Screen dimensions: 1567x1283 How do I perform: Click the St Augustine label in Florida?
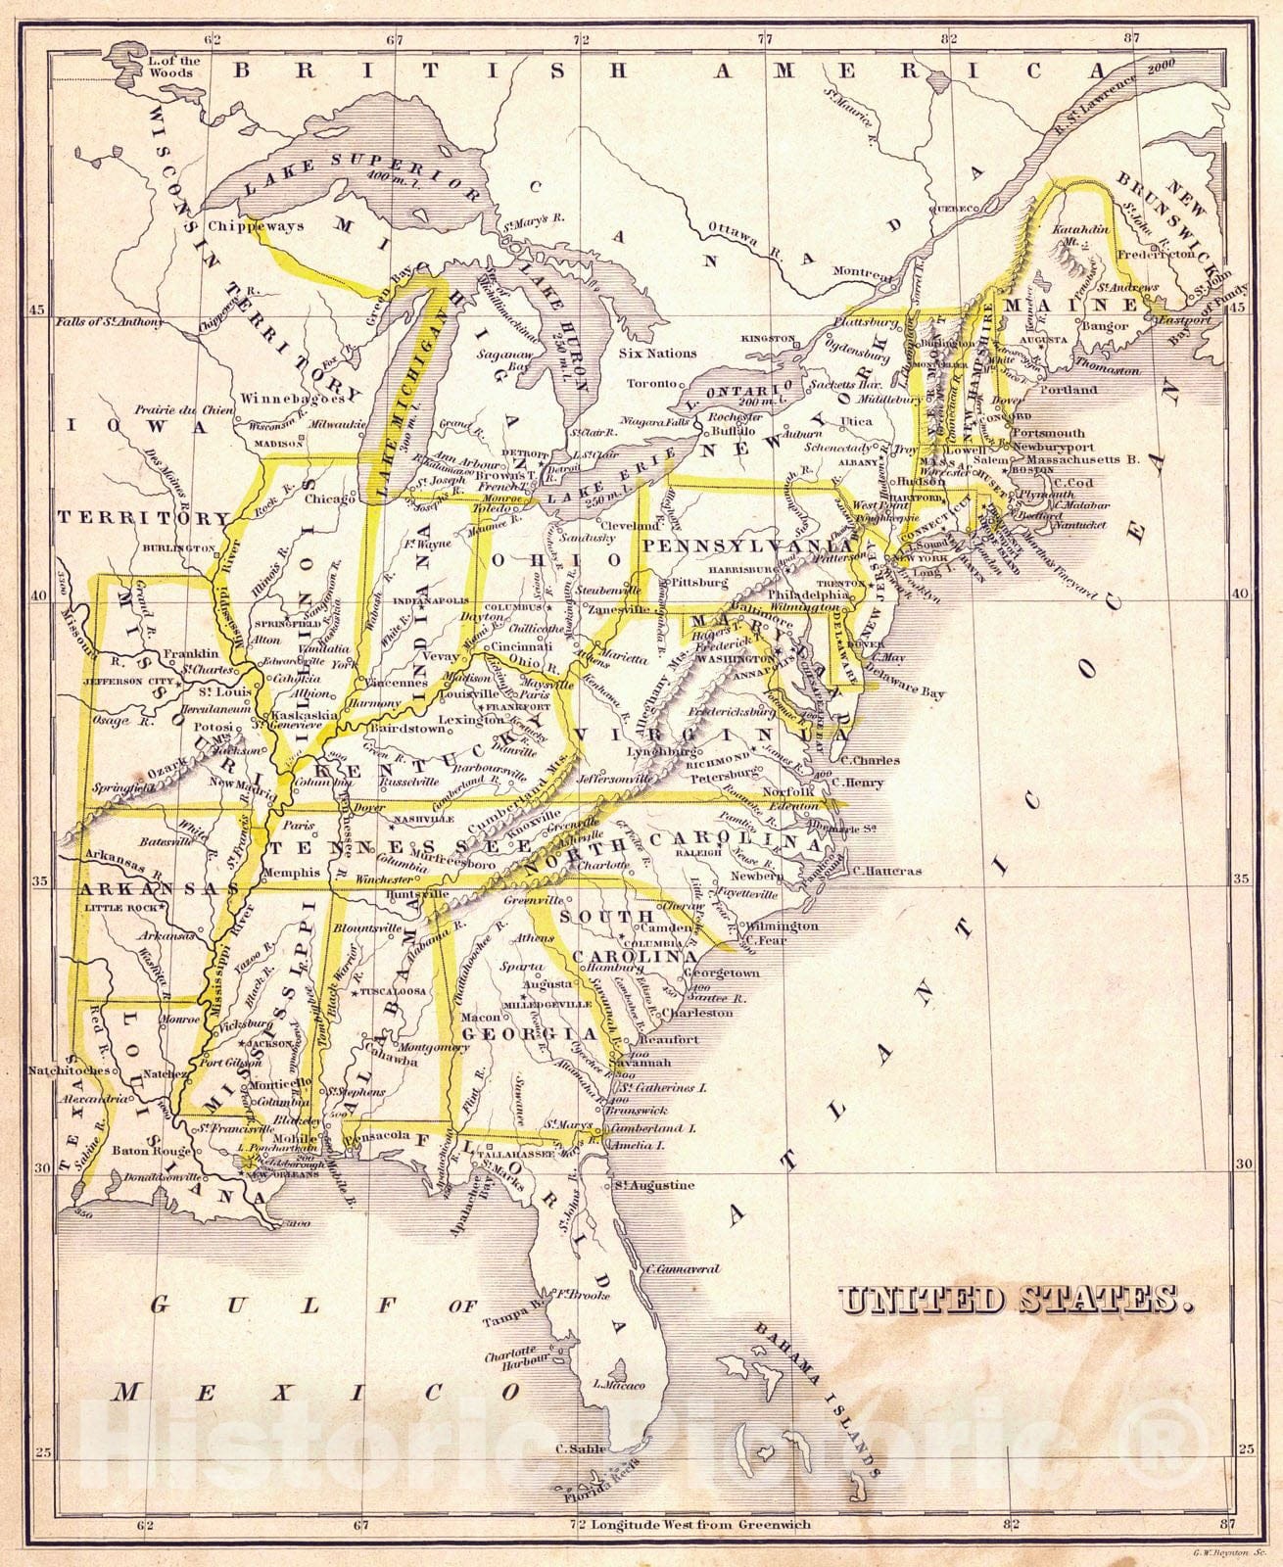pyautogui.click(x=654, y=1185)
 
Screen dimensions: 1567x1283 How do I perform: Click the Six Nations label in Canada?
pyautogui.click(x=658, y=354)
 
